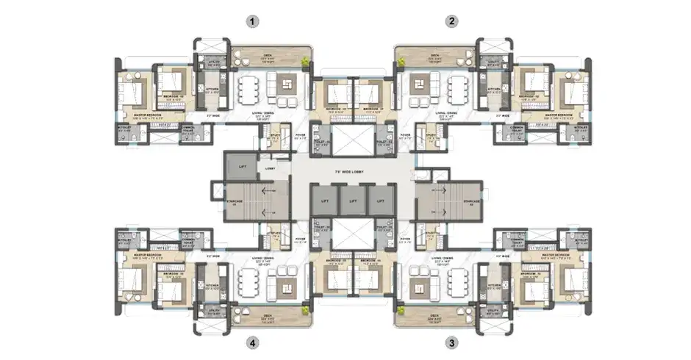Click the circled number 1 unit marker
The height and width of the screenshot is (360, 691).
coord(253,22)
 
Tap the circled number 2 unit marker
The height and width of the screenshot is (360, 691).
coord(451,22)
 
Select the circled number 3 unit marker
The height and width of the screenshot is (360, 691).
coord(451,342)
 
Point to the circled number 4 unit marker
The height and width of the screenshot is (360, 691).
coord(253,342)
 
